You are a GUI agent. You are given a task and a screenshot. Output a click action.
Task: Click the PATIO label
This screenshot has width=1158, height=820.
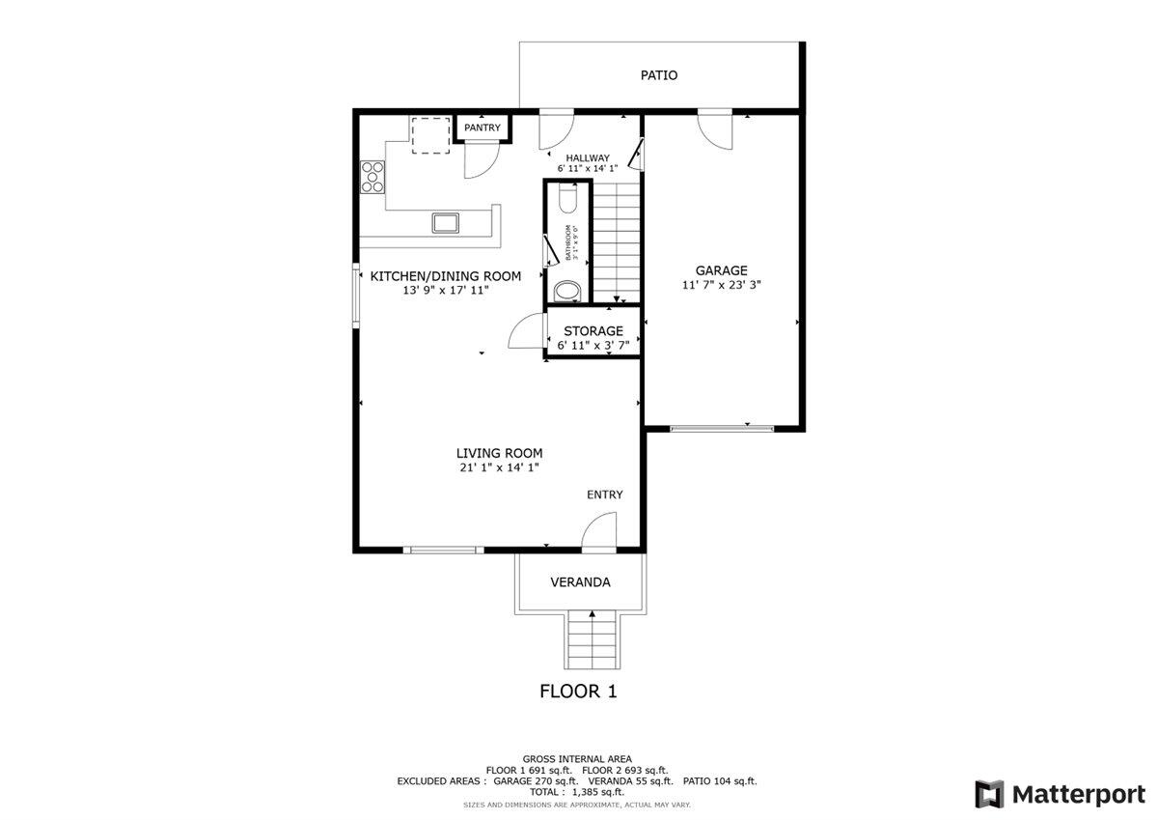coord(659,75)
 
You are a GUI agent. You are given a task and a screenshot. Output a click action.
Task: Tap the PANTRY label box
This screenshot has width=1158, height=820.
coord(482,127)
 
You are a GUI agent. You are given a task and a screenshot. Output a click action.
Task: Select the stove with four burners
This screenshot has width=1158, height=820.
coord(373,178)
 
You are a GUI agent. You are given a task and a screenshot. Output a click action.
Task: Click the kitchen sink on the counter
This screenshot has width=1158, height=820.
coord(447,223)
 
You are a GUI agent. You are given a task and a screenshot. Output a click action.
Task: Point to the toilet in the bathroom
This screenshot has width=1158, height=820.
coord(567,199)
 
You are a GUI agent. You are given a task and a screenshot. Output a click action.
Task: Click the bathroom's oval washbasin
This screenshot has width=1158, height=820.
coord(567,291)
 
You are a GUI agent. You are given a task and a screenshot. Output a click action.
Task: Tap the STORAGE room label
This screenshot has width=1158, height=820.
coord(593,331)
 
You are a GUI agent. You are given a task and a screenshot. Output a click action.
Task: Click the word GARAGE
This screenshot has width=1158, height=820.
coord(722,271)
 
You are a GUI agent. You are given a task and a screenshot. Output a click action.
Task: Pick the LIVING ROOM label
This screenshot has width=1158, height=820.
coord(499,453)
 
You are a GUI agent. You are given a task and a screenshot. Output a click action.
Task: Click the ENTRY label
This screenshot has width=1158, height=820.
coord(605,495)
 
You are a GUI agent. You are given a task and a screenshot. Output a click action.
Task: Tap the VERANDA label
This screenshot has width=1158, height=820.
coord(580,582)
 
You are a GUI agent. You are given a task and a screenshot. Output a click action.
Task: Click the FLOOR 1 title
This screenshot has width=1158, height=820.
coord(577,692)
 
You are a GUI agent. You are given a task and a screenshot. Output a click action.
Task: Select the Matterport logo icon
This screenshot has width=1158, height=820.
coord(989,794)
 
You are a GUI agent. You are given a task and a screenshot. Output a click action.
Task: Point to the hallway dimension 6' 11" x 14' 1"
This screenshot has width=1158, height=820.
coord(588,169)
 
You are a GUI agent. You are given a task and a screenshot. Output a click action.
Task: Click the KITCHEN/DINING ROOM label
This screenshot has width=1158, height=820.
coord(446,276)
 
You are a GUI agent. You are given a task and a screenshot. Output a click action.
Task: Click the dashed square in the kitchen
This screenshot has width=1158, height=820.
coord(431,135)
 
